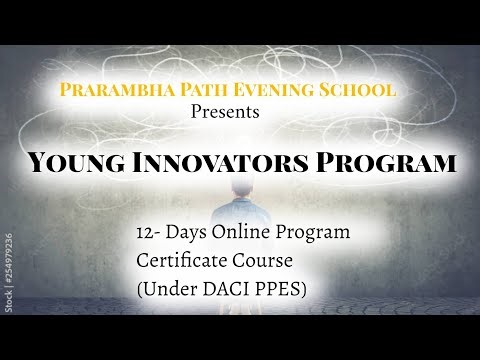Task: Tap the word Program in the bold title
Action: pyautogui.click(x=390, y=160)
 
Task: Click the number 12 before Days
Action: pyautogui.click(x=148, y=232)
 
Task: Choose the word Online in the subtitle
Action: pyautogui.click(x=246, y=232)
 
